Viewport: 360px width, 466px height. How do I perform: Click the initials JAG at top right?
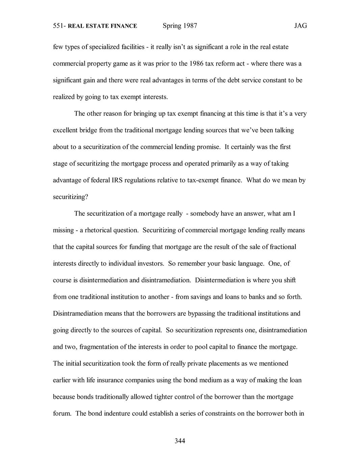(x=300, y=26)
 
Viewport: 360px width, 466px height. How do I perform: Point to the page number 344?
(x=180, y=441)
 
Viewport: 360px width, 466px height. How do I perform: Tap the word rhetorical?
(x=98, y=230)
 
